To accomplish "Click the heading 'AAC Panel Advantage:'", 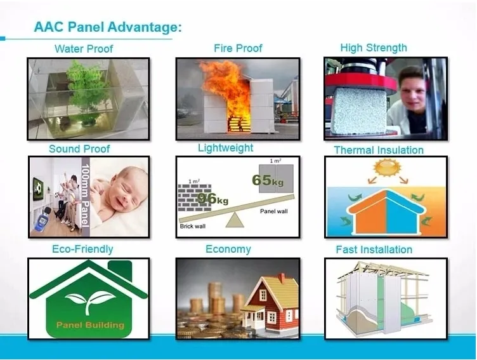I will click(x=108, y=27).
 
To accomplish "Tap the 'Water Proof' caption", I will click(x=84, y=49).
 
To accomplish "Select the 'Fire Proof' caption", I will click(x=238, y=48).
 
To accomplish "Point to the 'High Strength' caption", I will click(x=374, y=48).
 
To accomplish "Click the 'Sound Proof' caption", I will click(x=79, y=149).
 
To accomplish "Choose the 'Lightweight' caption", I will click(x=225, y=148).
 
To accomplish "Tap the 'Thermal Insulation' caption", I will click(x=379, y=150).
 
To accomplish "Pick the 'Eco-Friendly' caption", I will click(x=82, y=249).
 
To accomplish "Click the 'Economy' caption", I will click(x=228, y=249).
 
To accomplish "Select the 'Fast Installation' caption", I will click(x=374, y=250).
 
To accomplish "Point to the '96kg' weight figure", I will click(x=214, y=198).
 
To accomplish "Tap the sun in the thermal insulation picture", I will click(x=384, y=168).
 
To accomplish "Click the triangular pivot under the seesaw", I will click(x=235, y=220).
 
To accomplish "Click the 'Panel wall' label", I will click(x=273, y=211).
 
